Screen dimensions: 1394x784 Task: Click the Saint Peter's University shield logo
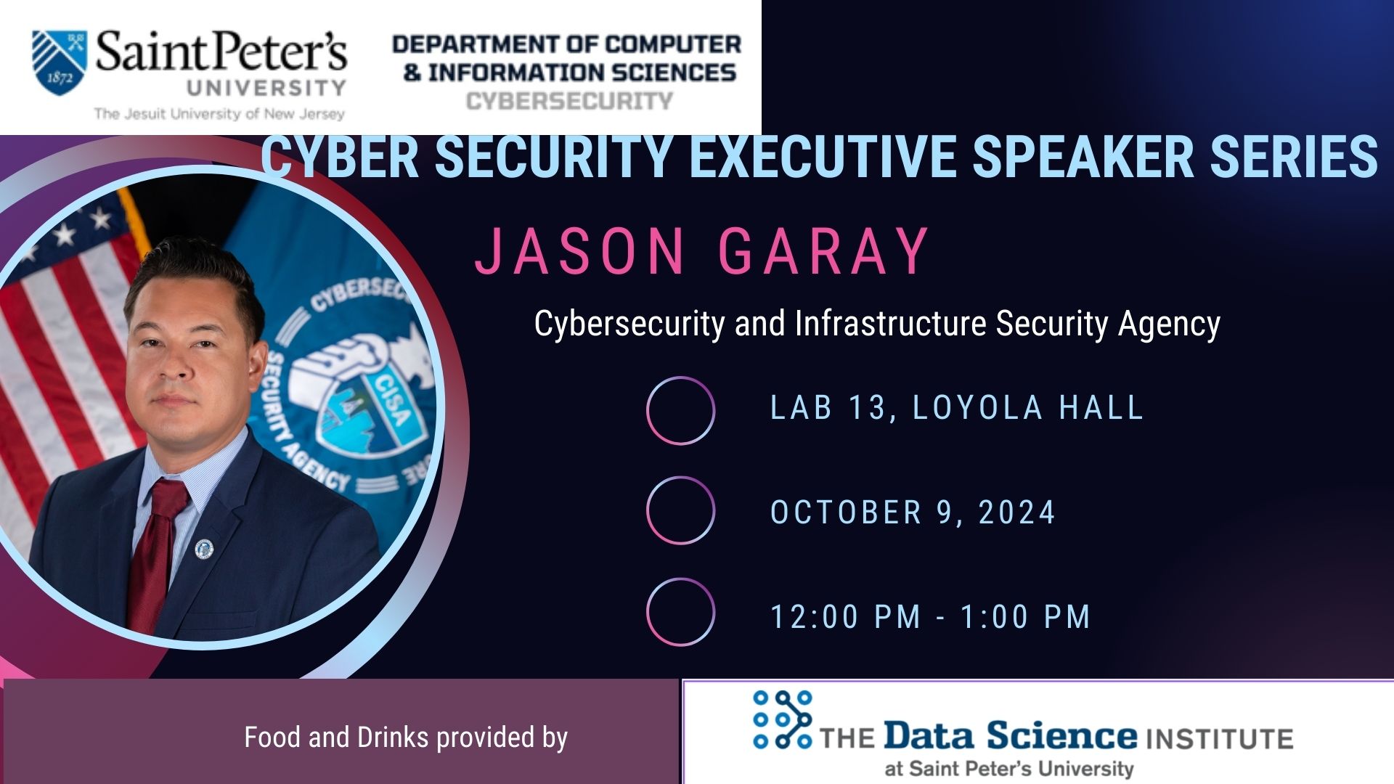pos(60,62)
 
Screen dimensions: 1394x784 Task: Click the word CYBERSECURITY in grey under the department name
pos(570,101)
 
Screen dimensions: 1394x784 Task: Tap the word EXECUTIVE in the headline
pos(823,156)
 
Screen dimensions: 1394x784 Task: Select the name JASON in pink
pos(579,250)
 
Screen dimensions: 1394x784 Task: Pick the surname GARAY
pos(823,250)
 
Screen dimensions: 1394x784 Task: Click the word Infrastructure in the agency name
pos(890,323)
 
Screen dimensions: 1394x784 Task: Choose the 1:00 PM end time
pos(1025,617)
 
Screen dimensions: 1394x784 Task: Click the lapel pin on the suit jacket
pos(205,550)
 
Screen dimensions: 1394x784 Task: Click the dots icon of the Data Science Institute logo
pos(783,719)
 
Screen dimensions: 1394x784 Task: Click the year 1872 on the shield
pos(60,78)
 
